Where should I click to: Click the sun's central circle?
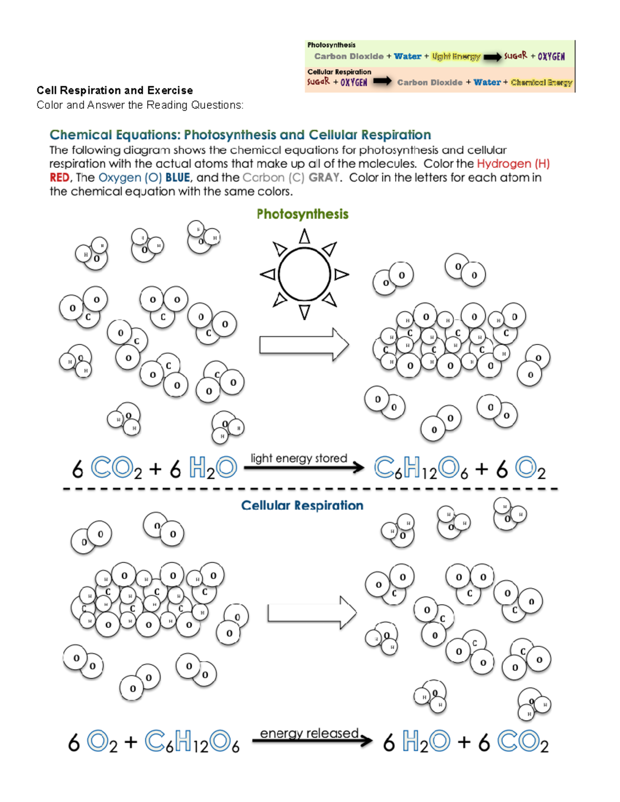point(304,274)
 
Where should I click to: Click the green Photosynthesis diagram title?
point(302,214)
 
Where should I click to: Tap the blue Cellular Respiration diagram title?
point(302,505)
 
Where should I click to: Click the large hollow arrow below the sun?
point(304,344)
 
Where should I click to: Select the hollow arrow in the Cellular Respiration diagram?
point(312,613)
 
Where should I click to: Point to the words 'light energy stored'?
point(299,458)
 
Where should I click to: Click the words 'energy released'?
point(309,733)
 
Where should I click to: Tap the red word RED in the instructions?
point(59,178)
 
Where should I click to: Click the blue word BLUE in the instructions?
point(178,178)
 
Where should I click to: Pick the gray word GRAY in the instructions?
point(324,178)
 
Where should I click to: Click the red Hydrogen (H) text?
point(513,164)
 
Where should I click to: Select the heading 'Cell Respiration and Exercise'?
point(115,90)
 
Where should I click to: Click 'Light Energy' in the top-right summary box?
point(456,56)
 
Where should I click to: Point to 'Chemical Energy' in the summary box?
point(541,82)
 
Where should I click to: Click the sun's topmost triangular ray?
point(304,237)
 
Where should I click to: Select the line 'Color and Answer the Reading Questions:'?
point(139,105)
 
